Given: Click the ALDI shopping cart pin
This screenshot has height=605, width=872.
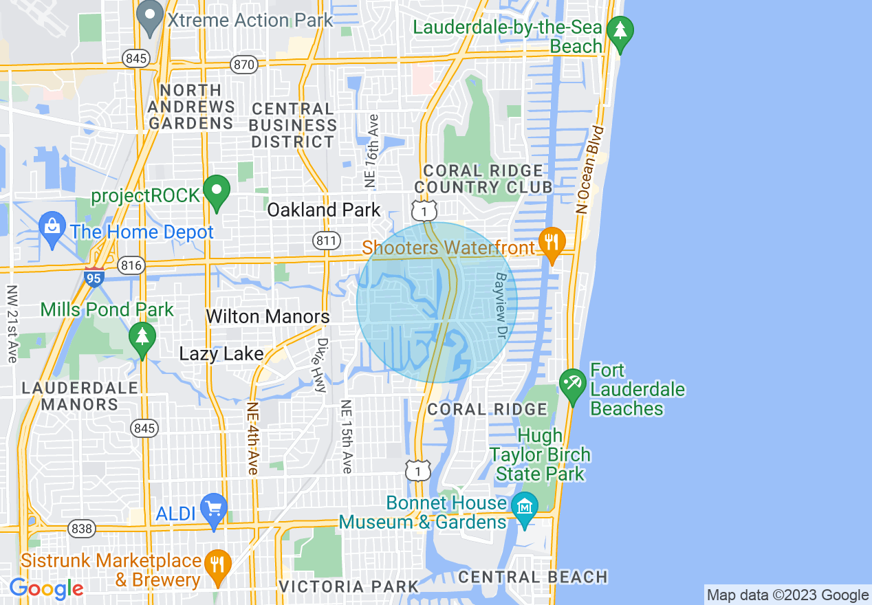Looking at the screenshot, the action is click(x=213, y=509).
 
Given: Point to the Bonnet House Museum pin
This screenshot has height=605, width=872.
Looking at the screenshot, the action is click(x=525, y=509).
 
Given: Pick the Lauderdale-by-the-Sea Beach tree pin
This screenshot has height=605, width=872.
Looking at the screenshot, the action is click(x=620, y=32).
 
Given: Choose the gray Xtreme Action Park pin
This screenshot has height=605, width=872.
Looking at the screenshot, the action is click(x=149, y=17).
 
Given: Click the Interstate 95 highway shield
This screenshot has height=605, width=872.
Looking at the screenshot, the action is click(x=95, y=276).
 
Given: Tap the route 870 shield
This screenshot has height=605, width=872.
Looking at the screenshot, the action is click(x=245, y=65).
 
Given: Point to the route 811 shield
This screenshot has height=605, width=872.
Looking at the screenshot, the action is click(x=325, y=240).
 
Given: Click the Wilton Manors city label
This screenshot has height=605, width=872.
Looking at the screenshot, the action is click(x=268, y=317).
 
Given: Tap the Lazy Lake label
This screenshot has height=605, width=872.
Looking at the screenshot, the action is click(x=221, y=354).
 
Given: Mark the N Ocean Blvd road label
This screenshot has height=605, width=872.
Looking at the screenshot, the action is click(x=592, y=169).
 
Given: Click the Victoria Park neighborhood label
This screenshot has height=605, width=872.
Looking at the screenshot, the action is click(x=349, y=586).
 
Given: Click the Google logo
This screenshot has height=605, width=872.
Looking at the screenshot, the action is click(x=46, y=588).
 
